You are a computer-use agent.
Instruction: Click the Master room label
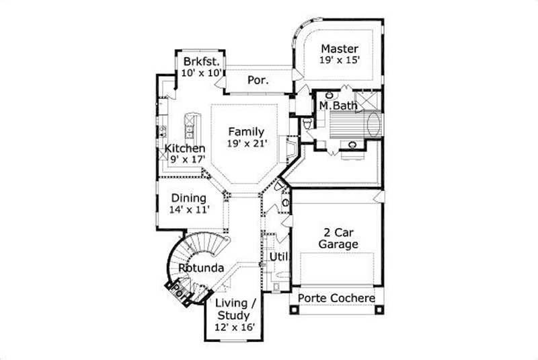339,48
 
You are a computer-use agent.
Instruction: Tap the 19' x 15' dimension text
340,60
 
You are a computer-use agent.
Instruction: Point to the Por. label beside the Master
258,80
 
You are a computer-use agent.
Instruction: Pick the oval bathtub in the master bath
373,124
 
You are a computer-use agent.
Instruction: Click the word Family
245,132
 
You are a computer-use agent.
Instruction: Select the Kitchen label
186,148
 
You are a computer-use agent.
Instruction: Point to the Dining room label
189,198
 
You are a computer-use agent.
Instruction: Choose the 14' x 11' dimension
190,209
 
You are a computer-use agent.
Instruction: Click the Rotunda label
201,268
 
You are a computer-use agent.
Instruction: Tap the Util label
279,256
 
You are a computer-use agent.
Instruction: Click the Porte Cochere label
337,298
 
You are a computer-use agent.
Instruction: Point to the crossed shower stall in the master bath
367,99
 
